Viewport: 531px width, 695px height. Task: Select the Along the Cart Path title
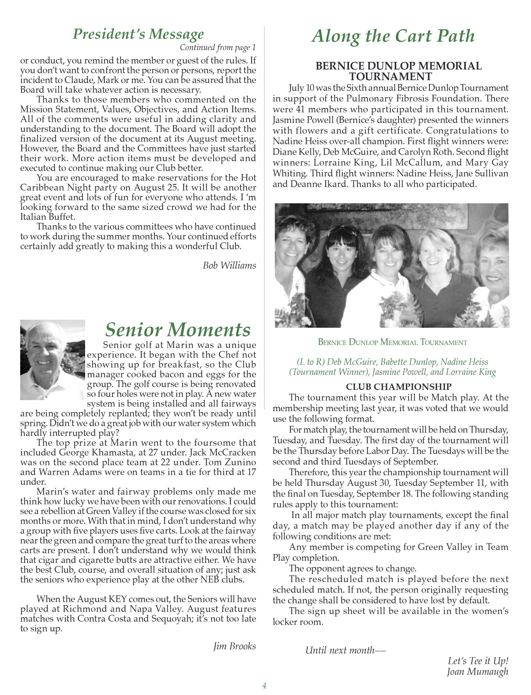coord(393,36)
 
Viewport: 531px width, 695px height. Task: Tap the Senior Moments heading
coord(178,330)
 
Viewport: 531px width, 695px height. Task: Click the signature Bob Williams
coord(229,265)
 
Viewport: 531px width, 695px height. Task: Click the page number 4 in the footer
coord(264,685)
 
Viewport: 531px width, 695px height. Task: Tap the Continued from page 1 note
coord(218,47)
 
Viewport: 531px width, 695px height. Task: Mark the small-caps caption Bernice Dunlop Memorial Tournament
coord(392,342)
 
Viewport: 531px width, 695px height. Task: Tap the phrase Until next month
coord(345,650)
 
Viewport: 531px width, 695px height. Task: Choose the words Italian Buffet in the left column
coord(47,217)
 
